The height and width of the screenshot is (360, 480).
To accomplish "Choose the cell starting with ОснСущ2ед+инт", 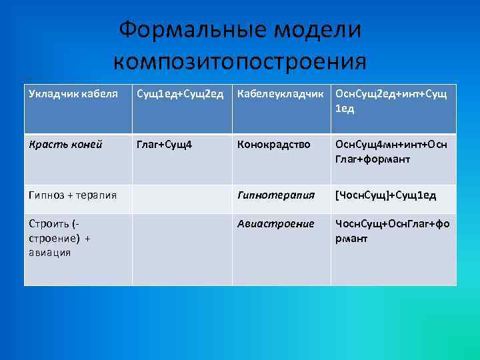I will click(393, 101).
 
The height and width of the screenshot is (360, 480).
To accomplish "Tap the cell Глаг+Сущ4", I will click(164, 144).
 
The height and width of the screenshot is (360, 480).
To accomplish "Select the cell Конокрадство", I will click(274, 144).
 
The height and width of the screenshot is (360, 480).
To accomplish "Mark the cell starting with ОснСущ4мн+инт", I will click(393, 151).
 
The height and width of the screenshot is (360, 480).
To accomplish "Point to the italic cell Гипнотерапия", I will click(276, 195).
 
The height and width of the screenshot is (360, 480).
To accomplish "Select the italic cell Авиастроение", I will click(276, 224).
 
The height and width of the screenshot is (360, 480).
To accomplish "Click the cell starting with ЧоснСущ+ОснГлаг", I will click(393, 231).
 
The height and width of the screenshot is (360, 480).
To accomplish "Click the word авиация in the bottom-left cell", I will click(49, 253).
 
